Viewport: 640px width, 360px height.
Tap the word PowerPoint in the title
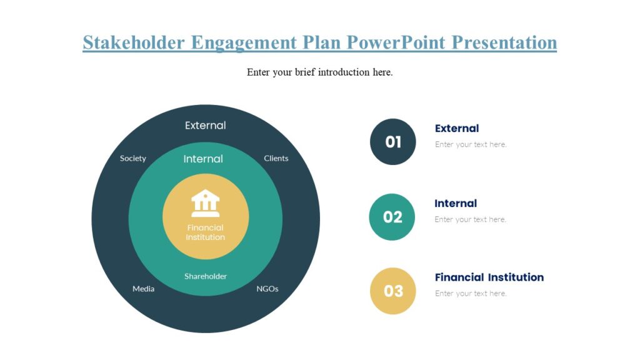[396, 42]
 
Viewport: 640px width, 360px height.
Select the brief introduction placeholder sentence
[319, 72]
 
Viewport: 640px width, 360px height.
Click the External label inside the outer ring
[206, 126]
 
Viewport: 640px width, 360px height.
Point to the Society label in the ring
[133, 158]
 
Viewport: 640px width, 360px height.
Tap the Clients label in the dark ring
[276, 158]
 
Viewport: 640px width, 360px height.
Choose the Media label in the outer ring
[143, 289]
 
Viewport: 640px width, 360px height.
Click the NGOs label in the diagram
[267, 289]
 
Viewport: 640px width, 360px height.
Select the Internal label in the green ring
[203, 159]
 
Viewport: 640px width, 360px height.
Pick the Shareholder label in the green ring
[206, 276]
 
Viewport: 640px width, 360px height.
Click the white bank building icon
[206, 203]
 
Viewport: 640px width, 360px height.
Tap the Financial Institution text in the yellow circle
[206, 232]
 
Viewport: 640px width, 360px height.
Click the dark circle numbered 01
[392, 142]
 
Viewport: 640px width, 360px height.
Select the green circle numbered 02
[392, 217]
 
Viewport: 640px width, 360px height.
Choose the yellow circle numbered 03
[392, 291]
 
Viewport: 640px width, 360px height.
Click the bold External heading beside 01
[457, 128]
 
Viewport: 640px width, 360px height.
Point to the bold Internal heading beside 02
[456, 203]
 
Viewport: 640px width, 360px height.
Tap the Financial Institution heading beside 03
[489, 277]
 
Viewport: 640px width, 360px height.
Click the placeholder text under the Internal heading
[471, 219]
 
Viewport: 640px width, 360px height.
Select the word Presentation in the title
[504, 42]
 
